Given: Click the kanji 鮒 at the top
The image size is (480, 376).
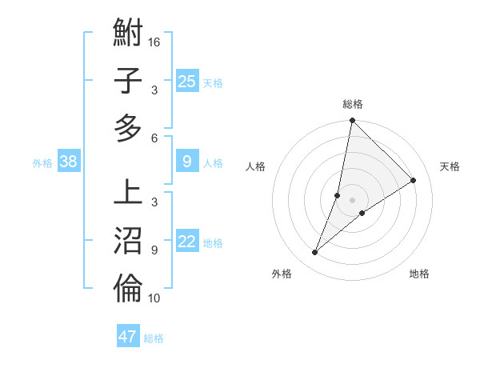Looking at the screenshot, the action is pyautogui.click(x=128, y=34).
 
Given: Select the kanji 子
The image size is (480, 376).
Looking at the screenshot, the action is pyautogui.click(x=128, y=82).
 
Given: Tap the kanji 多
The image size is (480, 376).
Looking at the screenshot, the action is pyautogui.click(x=128, y=128).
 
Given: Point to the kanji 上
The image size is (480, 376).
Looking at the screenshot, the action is pyautogui.click(x=128, y=194).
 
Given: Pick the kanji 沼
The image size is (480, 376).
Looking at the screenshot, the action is pyautogui.click(x=128, y=241).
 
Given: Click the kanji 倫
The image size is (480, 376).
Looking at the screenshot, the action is pyautogui.click(x=128, y=289).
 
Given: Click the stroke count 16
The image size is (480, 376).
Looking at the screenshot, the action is pyautogui.click(x=154, y=42).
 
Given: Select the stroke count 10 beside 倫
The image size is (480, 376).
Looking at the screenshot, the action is pyautogui.click(x=154, y=298).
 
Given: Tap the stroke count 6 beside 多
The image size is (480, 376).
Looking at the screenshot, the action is pyautogui.click(x=154, y=138).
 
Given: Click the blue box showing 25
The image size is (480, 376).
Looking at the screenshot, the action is pyautogui.click(x=187, y=82).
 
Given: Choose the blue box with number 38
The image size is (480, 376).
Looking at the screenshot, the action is pyautogui.click(x=69, y=162).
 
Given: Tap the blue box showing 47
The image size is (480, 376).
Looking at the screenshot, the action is pyautogui.click(x=128, y=337).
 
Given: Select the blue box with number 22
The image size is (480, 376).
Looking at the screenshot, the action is pyautogui.click(x=187, y=242).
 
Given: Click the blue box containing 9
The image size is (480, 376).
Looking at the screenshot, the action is pyautogui.click(x=187, y=162).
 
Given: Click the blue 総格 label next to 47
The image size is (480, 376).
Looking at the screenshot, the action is pyautogui.click(x=154, y=338).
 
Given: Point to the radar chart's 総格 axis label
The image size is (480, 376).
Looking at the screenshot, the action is pyautogui.click(x=352, y=104).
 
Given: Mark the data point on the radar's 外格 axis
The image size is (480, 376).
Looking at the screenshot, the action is pyautogui.click(x=315, y=253).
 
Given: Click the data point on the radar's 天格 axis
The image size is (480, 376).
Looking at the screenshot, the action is pyautogui.click(x=414, y=180).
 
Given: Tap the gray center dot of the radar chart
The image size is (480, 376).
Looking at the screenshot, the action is pyautogui.click(x=352, y=200).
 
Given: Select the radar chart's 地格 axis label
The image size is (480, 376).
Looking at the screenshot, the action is pyautogui.click(x=419, y=274).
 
